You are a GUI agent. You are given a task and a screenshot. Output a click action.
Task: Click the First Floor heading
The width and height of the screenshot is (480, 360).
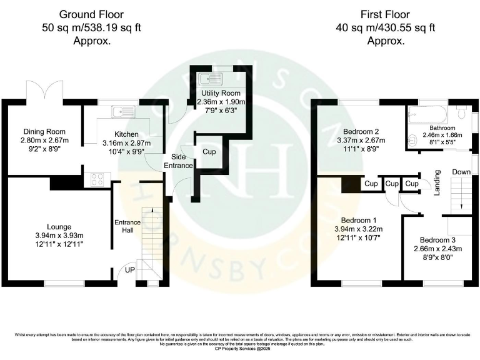[x=385, y=13]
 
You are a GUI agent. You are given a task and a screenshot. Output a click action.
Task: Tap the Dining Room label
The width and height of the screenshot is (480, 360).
[x=44, y=131]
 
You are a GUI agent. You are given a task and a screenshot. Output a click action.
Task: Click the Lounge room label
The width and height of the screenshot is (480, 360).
[x=58, y=226]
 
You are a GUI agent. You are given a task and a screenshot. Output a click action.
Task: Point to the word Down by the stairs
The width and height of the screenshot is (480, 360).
[x=461, y=172]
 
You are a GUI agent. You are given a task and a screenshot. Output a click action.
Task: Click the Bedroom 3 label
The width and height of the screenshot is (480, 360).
[x=437, y=240]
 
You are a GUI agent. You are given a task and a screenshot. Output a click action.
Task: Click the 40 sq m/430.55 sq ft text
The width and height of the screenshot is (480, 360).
[x=385, y=27]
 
